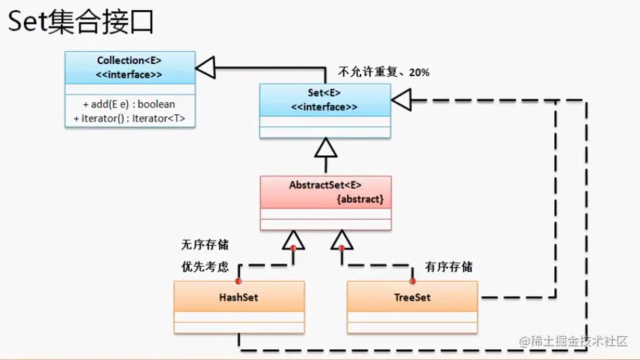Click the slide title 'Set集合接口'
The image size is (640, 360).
(x=80, y=22)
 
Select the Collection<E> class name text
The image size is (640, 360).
(x=129, y=61)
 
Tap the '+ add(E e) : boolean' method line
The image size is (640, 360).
(x=129, y=104)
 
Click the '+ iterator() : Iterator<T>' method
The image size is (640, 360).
(x=129, y=118)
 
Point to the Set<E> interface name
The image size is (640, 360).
(x=324, y=93)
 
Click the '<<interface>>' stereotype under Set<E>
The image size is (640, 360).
(x=324, y=107)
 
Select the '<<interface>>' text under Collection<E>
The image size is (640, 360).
(x=129, y=74)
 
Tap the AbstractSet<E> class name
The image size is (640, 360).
(x=325, y=185)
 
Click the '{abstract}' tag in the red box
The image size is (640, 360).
(x=360, y=199)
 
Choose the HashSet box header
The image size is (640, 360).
(x=239, y=297)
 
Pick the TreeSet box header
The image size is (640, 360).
(x=412, y=297)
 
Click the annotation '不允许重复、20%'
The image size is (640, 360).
(x=384, y=72)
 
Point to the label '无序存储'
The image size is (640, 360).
(x=204, y=245)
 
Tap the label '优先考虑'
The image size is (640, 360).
(x=204, y=267)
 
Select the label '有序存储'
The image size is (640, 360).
(x=448, y=267)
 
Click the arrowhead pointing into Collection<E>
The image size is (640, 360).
(x=205, y=67)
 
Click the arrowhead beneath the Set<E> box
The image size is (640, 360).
(x=326, y=148)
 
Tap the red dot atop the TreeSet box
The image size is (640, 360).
(x=412, y=280)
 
